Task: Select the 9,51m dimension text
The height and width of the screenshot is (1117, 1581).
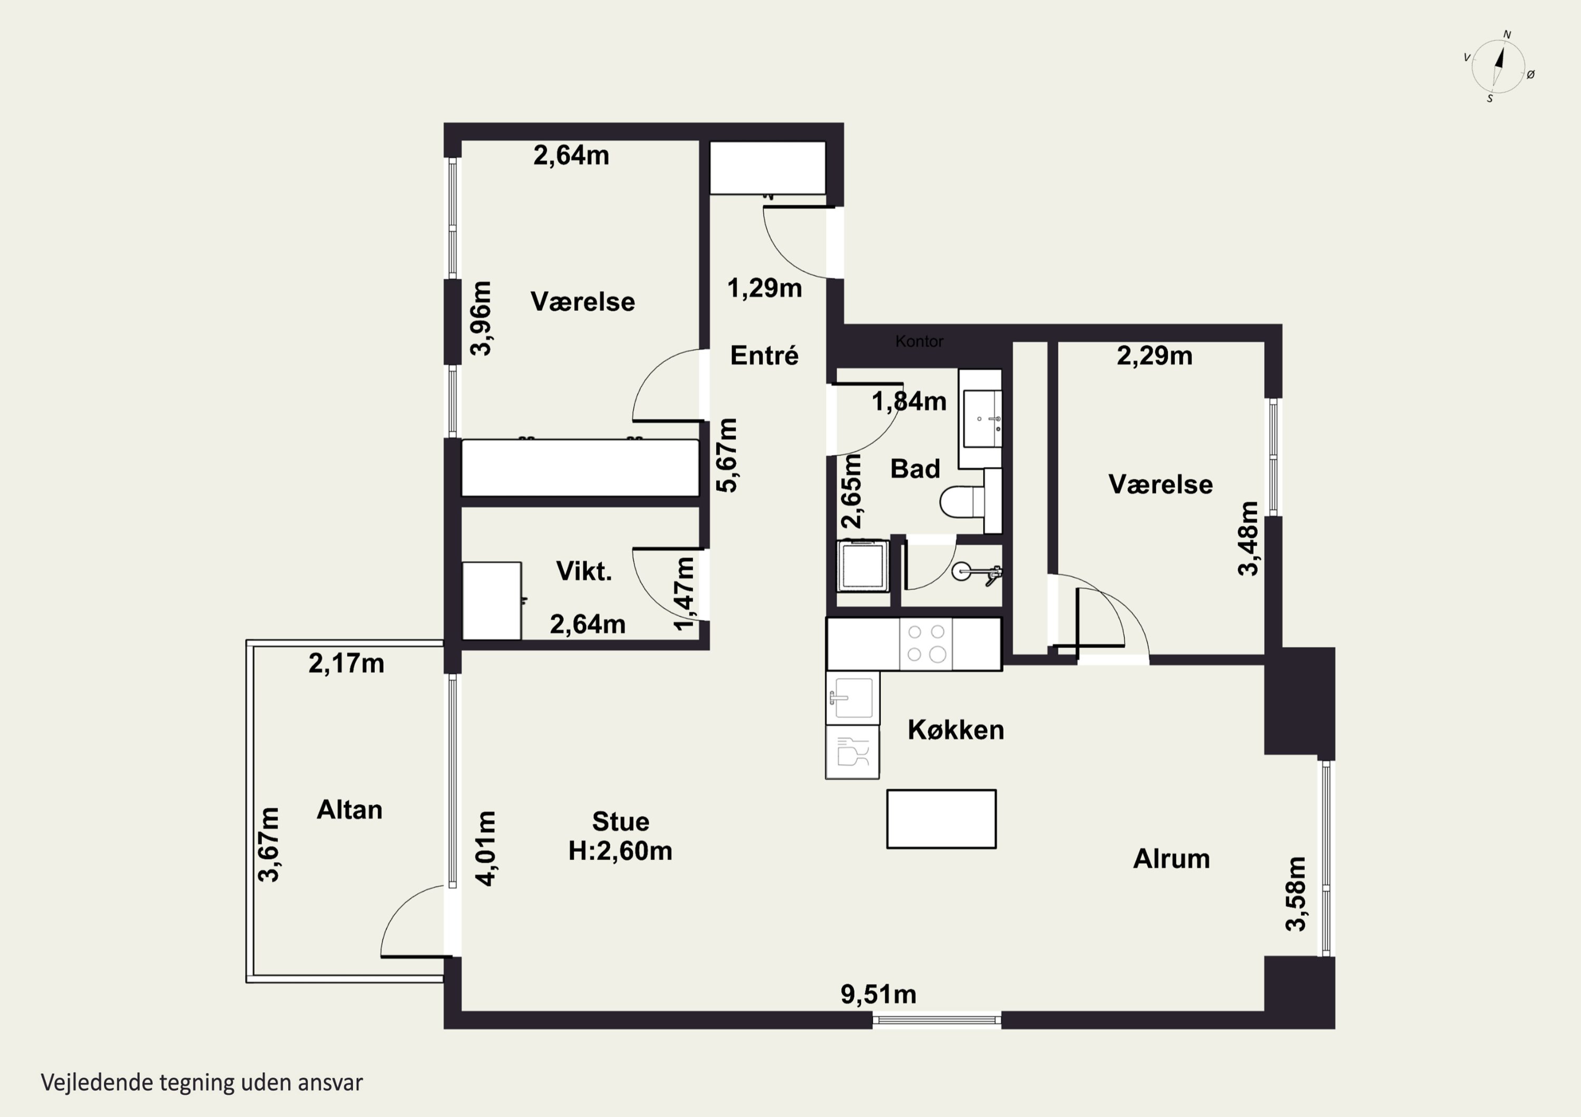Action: click(x=879, y=994)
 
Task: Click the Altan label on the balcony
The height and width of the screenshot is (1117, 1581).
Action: click(x=350, y=809)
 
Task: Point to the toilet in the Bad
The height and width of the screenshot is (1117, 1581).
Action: click(x=963, y=501)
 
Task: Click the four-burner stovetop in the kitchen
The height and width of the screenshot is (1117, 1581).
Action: click(x=926, y=644)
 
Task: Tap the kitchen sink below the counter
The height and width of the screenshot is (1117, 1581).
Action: click(x=853, y=698)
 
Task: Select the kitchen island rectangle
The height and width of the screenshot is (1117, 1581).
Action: click(x=941, y=819)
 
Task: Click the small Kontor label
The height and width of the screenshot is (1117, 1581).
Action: click(x=919, y=341)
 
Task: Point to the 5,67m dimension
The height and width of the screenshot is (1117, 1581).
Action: click(x=727, y=455)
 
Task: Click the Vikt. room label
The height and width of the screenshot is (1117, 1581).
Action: click(x=584, y=571)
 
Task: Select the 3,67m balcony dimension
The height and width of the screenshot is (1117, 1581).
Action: click(x=269, y=844)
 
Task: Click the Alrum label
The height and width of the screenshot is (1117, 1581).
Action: click(x=1172, y=859)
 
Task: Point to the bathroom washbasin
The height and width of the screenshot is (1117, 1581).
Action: click(x=981, y=419)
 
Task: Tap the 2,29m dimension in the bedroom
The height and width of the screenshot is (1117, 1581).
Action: click(x=1154, y=356)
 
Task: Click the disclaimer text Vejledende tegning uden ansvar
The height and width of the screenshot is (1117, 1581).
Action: click(x=202, y=1083)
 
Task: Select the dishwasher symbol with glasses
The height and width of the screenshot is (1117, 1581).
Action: click(x=853, y=752)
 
